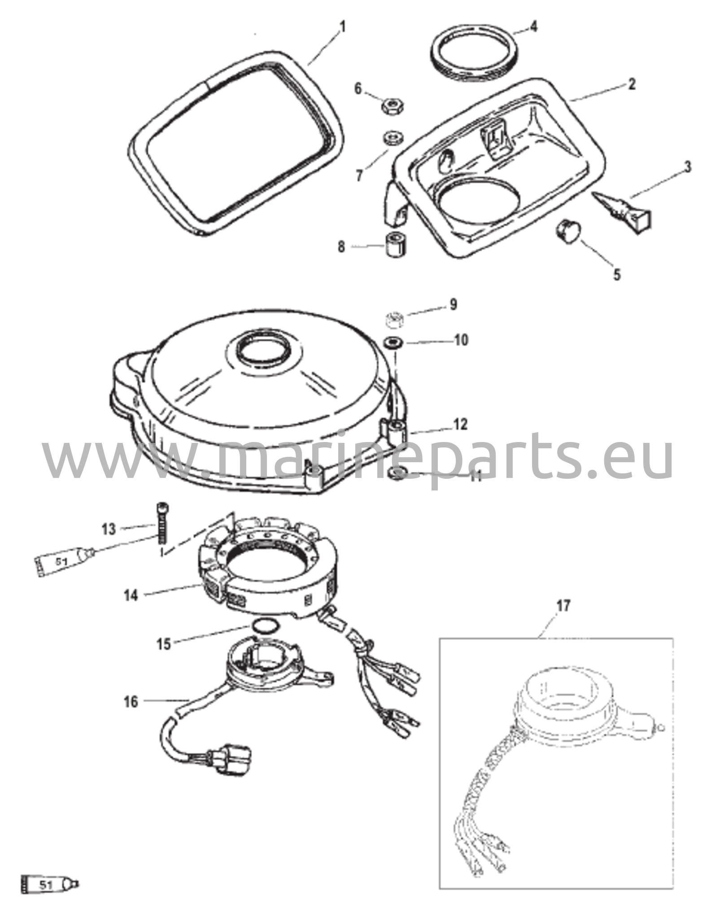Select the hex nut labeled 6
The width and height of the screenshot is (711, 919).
click(x=393, y=106)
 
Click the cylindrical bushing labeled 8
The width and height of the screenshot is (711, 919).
click(x=395, y=244)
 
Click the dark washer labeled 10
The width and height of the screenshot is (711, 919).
click(x=393, y=344)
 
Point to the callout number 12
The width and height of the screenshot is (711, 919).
click(x=460, y=424)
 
